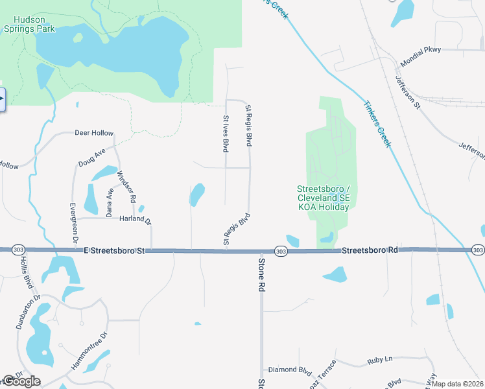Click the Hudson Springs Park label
(29, 23)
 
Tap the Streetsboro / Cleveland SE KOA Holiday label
(323, 198)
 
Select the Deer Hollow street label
(94, 133)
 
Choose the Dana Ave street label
(110, 202)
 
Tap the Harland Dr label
(135, 220)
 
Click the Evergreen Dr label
(74, 223)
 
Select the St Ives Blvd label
(226, 134)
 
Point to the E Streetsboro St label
(117, 250)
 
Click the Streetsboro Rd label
(369, 250)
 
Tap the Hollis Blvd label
(27, 274)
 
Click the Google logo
(21, 381)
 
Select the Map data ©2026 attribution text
(458, 384)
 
